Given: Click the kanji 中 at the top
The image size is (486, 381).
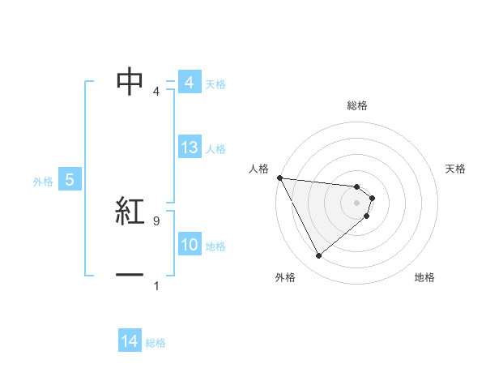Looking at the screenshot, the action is point(130,81).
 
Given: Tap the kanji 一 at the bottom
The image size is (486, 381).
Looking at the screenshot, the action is point(130,275).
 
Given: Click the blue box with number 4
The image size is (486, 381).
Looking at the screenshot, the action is point(189,83).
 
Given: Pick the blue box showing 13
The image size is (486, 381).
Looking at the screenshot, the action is point(189,148).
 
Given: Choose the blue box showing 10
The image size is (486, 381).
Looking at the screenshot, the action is point(189,245).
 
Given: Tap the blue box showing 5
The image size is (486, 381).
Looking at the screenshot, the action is point(70,180).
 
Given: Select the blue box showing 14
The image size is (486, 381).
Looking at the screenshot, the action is point(130,341).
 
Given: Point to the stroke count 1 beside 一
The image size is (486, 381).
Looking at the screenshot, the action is point(156,285).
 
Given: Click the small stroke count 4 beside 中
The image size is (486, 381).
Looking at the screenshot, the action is point(156,92).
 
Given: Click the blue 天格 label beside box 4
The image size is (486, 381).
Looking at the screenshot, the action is point(215,83).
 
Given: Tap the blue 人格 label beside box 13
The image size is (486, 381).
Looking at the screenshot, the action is point(215,149).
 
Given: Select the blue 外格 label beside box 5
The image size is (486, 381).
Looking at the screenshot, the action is point(43,182).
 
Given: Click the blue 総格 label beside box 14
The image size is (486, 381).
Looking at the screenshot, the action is point(156,343).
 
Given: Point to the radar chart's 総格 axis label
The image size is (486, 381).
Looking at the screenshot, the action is point(357,105).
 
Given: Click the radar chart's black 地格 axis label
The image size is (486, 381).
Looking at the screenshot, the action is point(424,277).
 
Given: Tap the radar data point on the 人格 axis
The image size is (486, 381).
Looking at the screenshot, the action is point(279,177).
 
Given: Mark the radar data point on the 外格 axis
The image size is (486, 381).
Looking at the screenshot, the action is point(318,255).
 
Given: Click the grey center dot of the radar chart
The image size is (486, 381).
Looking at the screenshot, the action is point(357,203).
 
